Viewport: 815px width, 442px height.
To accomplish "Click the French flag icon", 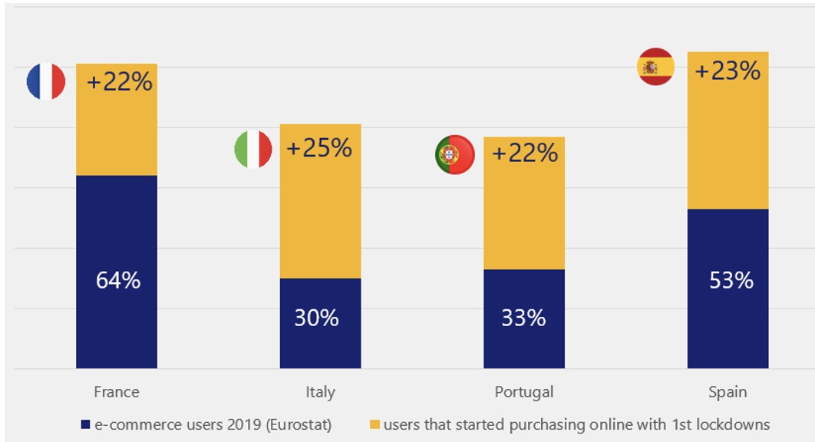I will click(x=46, y=81).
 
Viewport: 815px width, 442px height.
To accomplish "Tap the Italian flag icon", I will click(x=253, y=149).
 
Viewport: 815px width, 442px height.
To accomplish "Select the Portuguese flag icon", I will click(x=455, y=155).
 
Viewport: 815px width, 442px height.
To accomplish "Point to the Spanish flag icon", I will click(x=655, y=67).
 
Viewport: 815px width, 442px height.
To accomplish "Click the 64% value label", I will click(x=118, y=280).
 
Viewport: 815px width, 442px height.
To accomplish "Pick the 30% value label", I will click(x=316, y=317).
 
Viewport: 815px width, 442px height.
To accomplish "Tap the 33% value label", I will click(x=523, y=317).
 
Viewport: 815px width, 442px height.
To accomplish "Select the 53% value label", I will click(x=731, y=280).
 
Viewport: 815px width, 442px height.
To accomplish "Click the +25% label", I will click(x=319, y=148).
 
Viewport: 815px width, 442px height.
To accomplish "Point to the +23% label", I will click(x=727, y=71).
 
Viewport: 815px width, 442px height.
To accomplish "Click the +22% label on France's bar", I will click(x=120, y=81).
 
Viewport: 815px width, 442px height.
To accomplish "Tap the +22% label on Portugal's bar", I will click(x=525, y=153).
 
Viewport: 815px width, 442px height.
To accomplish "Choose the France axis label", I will click(x=117, y=392).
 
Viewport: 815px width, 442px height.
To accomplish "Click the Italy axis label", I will click(x=320, y=392).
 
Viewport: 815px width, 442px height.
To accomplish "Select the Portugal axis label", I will click(x=524, y=392).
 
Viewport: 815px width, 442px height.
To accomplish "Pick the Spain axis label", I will click(x=728, y=392).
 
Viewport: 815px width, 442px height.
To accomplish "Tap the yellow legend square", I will click(x=375, y=424).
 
